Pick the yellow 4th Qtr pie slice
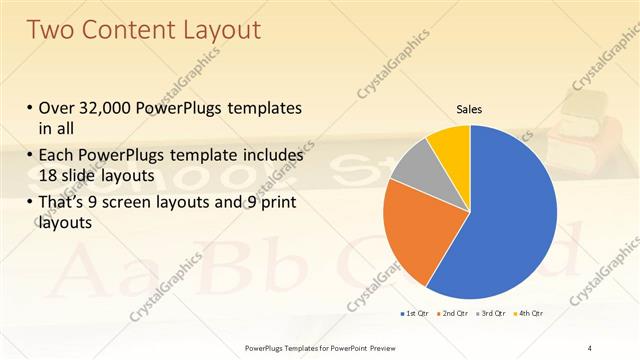click(449, 146)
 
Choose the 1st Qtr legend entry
click(415, 314)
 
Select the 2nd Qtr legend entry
click(454, 314)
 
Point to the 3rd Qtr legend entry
click(491, 314)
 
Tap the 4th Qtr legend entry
click(528, 314)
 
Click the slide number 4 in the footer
click(590, 347)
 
